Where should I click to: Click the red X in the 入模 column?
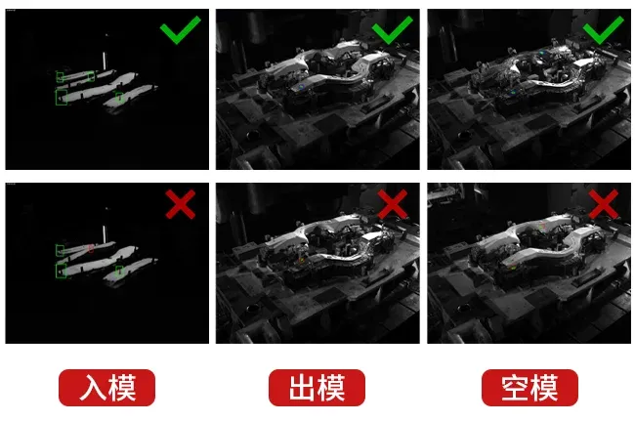click(181, 204)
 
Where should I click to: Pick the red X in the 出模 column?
click(392, 204)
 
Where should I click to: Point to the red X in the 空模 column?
click(604, 204)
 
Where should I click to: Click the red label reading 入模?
click(106, 388)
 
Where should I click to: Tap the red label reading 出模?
click(317, 388)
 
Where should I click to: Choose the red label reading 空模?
click(529, 388)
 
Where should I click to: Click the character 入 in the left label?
click(93, 388)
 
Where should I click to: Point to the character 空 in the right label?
click(515, 388)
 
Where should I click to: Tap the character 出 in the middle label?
click(303, 388)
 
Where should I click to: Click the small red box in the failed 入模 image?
click(91, 248)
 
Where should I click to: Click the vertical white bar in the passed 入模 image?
click(105, 61)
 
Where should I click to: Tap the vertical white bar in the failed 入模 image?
click(105, 234)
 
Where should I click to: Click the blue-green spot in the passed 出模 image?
click(301, 87)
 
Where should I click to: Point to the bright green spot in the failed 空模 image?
click(513, 268)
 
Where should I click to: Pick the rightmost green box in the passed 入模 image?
click(119, 98)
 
